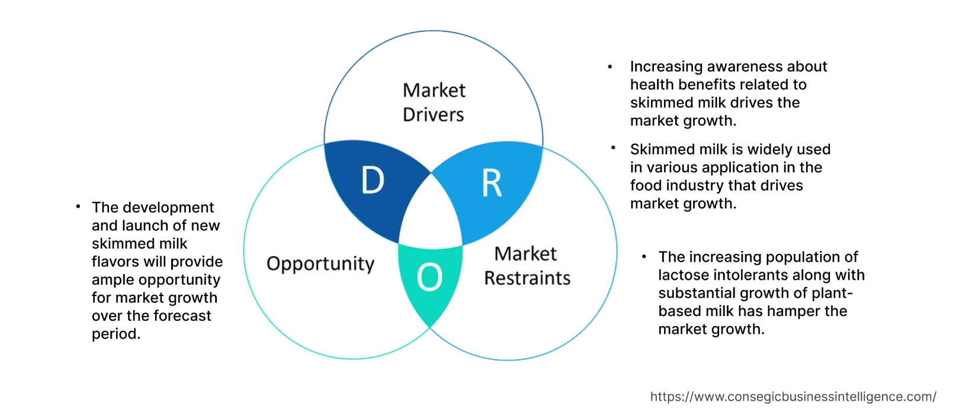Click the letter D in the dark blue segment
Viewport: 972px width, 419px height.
373,181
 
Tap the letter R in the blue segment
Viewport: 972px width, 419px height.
492,183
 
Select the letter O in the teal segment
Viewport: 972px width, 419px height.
429,277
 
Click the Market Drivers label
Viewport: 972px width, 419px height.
434,102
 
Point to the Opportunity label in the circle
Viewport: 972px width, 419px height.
320,264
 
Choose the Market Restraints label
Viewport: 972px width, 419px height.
527,266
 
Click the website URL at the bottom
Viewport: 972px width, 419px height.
793,397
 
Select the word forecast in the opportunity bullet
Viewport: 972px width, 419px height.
182,316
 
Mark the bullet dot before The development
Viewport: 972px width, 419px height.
78,207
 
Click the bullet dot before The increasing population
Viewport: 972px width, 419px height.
644,256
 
